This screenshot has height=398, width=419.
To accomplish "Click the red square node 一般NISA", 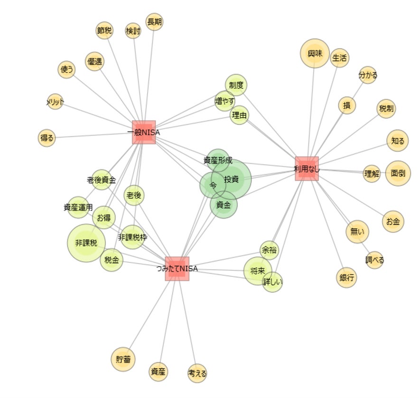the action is tap(144, 132).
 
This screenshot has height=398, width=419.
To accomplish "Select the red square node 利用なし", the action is tap(307, 168).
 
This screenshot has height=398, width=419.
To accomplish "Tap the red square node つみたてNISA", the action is tap(177, 269).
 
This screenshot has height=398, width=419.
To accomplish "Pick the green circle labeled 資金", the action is tap(223, 205).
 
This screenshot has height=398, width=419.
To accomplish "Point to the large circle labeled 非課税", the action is tap(86, 243).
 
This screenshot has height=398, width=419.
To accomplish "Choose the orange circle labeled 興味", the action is tap(315, 54).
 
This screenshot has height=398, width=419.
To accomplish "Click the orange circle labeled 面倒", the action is tap(398, 173).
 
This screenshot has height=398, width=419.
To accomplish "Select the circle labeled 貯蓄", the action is tap(123, 359).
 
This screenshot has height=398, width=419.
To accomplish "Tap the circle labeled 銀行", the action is tap(347, 278).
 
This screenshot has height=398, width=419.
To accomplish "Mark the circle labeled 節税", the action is tap(104, 30).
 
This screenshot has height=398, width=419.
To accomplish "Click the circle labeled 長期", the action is tap(154, 22).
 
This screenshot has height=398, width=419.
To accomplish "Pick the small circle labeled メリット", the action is tap(55, 101).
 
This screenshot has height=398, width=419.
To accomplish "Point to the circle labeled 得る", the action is tap(47, 138).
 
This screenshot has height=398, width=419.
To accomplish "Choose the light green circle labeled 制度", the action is tap(236, 85).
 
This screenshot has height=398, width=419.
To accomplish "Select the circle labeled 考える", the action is tap(197, 373).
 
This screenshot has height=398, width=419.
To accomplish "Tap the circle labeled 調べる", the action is tap(374, 260).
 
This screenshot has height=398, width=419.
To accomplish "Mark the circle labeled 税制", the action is tap(386, 109).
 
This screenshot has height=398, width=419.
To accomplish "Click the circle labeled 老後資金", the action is tap(101, 180).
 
